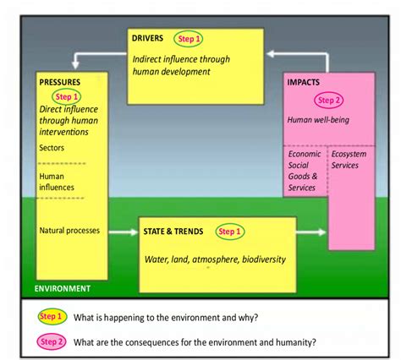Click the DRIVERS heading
(x=150, y=38)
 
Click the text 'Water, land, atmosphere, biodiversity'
(x=214, y=259)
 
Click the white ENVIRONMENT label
(x=62, y=288)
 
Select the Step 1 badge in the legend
(x=52, y=316)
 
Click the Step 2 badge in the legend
(x=52, y=341)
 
